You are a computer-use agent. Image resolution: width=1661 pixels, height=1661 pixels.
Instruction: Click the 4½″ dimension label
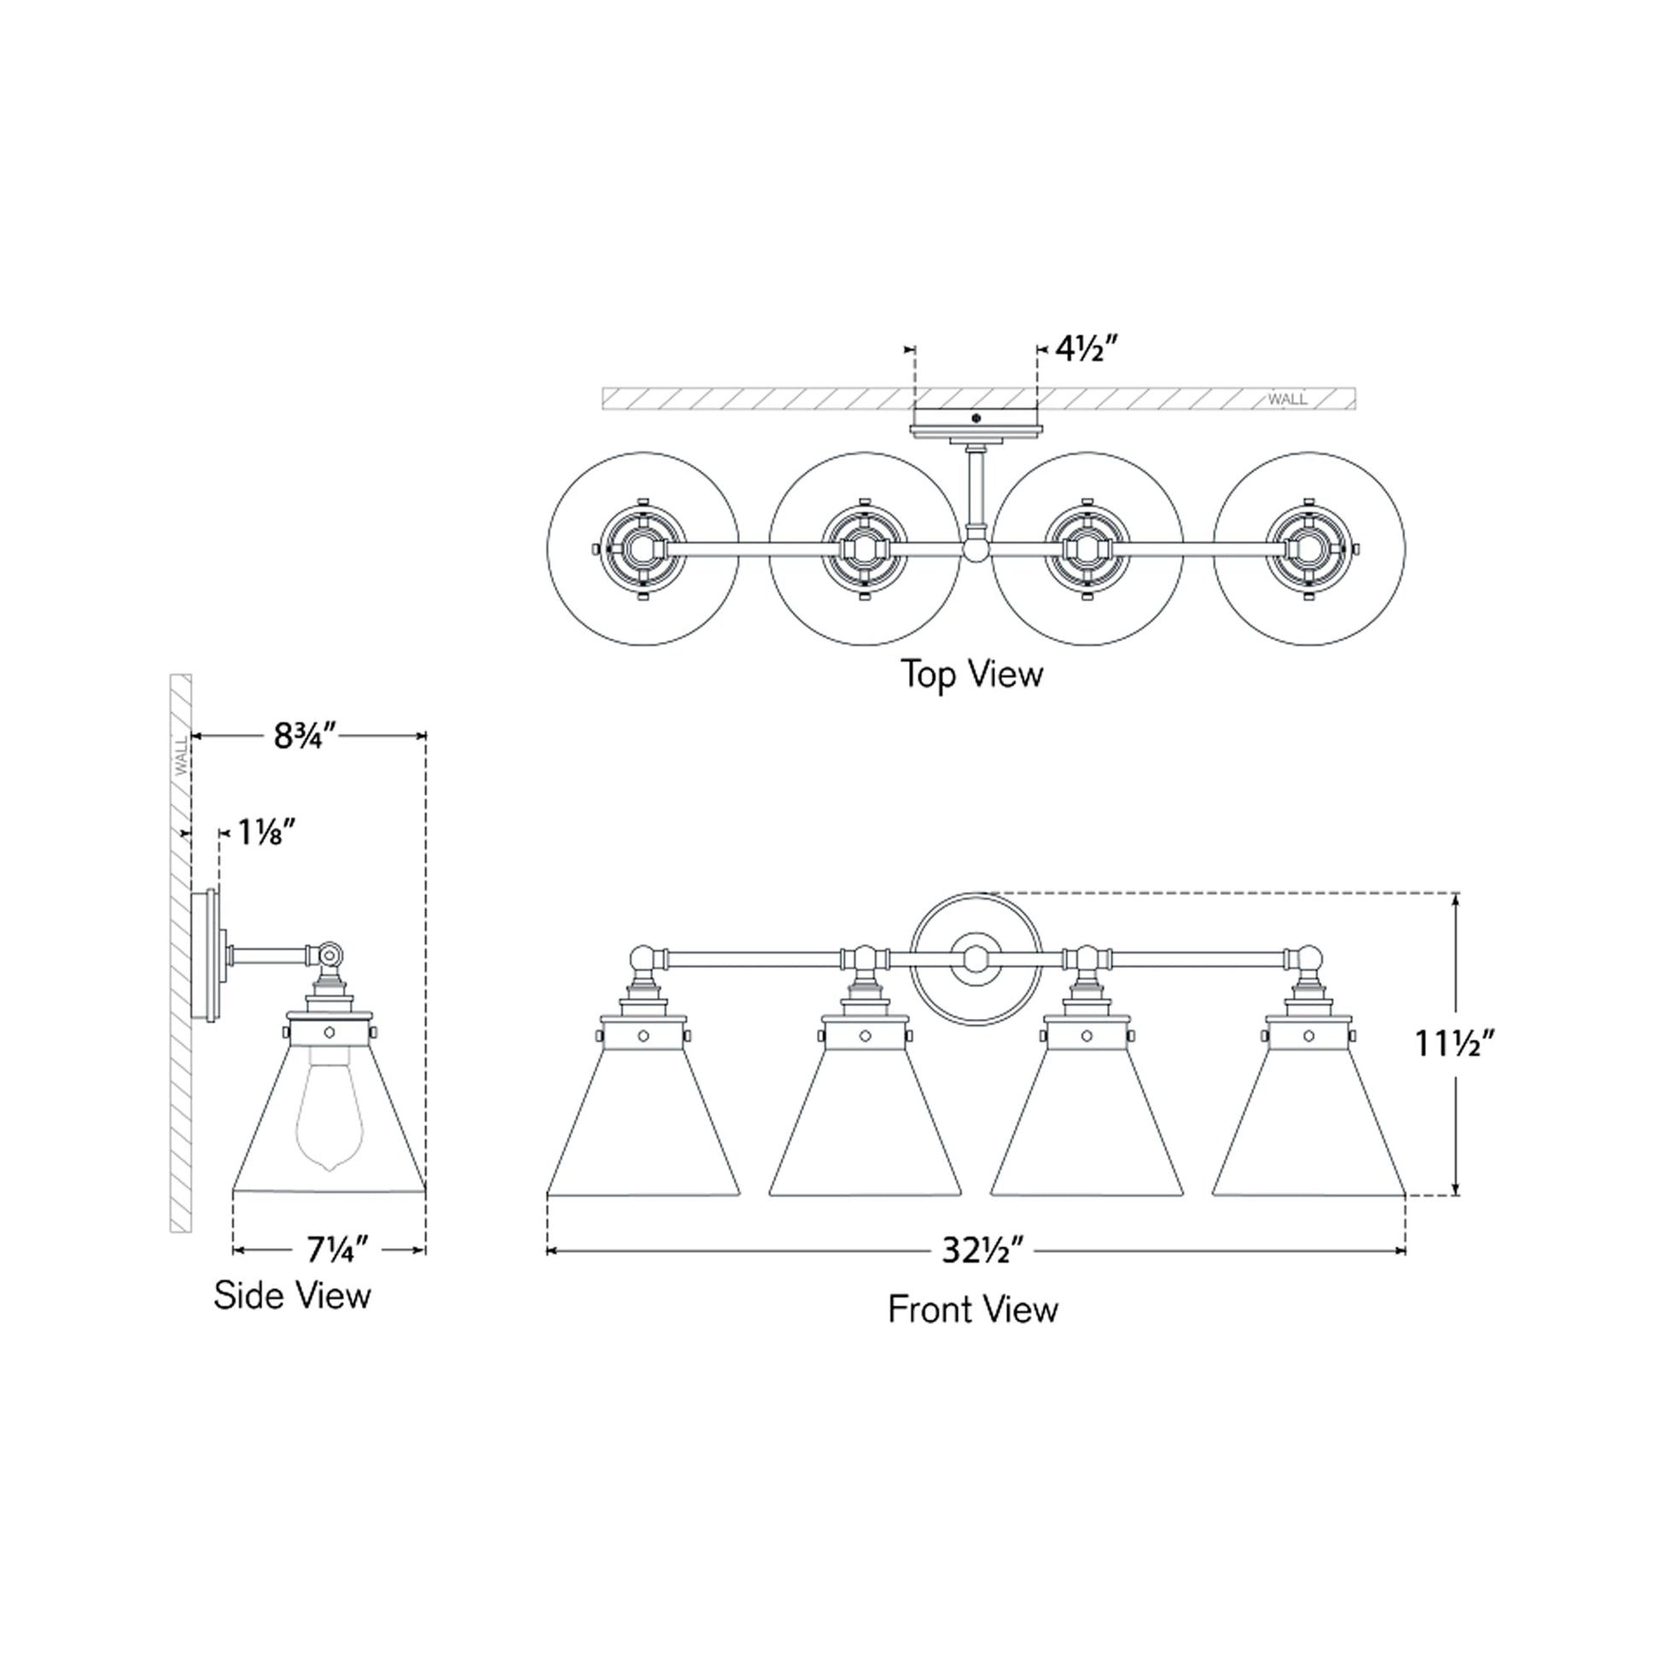click(1085, 350)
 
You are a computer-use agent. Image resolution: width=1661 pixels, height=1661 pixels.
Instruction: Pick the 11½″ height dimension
click(1456, 1044)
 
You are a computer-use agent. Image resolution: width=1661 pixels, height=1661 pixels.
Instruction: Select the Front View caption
click(972, 1309)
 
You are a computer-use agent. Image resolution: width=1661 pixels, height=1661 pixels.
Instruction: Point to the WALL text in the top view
click(1287, 399)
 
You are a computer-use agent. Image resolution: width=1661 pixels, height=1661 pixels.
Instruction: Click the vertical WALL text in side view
click(182, 755)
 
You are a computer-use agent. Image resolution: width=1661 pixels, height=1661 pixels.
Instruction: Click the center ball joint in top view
click(976, 549)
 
